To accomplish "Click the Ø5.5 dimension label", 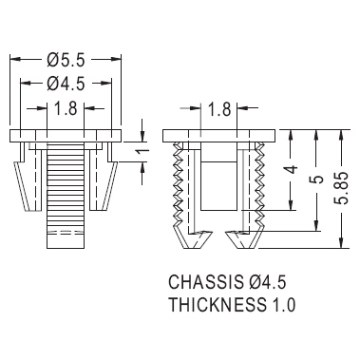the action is pos(66,60).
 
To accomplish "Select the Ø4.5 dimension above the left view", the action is pos(66,84).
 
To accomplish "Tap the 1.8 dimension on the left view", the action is pos(66,108).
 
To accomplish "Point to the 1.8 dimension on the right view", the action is pos(219,109).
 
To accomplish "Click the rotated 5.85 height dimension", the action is pos(343,188).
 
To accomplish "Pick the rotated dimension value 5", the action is pos(318,180).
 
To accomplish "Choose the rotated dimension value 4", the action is pos(292,169).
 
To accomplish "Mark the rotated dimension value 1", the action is pos(144,152).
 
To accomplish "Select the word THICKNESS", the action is pos(218,305).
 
